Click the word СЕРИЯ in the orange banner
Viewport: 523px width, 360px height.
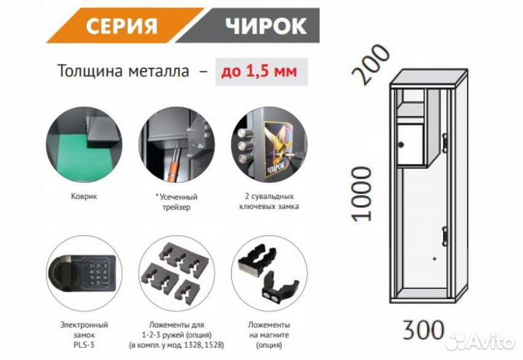point(121,26)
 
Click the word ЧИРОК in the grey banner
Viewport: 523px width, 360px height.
point(266,26)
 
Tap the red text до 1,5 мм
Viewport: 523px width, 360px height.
point(259,71)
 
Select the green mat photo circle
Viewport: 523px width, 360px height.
point(84,144)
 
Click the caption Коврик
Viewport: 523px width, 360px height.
point(84,196)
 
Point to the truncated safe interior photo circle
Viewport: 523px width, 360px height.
point(177,144)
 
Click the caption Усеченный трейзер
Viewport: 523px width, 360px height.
point(177,202)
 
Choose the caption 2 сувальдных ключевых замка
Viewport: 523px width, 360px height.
point(269,201)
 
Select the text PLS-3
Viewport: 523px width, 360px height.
point(84,345)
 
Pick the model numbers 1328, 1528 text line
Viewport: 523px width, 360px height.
point(177,345)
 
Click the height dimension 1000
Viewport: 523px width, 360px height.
point(362,194)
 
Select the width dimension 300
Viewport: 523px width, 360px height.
point(423,330)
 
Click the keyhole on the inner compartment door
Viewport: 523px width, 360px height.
point(400,144)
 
